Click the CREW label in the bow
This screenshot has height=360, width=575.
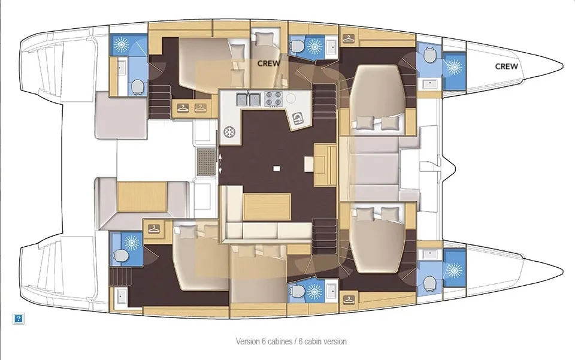point(507,66)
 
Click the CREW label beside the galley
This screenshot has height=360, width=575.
point(268,63)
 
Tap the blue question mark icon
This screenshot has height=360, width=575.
point(19,319)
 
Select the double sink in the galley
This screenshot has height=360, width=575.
point(248,99)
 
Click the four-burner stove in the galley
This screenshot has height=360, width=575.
point(273,98)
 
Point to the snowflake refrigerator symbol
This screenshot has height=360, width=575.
point(229,132)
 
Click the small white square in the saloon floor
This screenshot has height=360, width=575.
point(277,168)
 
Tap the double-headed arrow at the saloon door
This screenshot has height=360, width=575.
point(220,163)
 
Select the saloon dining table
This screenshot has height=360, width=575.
point(267,207)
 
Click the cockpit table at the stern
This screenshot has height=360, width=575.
point(142,196)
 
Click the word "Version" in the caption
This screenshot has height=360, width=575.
point(247,341)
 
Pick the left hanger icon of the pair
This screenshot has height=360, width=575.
point(183,108)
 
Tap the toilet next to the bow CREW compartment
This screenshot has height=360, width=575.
point(429,55)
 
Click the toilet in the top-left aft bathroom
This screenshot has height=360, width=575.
point(137,86)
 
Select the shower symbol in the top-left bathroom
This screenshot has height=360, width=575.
point(120,44)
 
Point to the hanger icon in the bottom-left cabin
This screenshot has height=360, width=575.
point(154,229)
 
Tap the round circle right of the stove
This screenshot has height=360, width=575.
point(291,99)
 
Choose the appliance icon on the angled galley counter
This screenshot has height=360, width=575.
point(298,118)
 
